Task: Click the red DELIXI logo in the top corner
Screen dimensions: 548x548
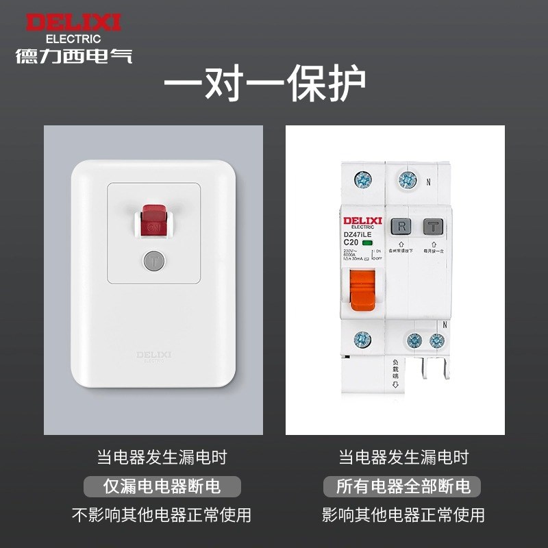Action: pyautogui.click(x=73, y=22)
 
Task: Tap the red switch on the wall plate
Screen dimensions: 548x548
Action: pyautogui.click(x=153, y=222)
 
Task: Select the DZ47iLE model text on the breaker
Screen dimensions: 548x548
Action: pyautogui.click(x=361, y=234)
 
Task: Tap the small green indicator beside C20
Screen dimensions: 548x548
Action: pyautogui.click(x=368, y=243)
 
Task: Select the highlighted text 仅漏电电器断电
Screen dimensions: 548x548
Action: pyautogui.click(x=162, y=486)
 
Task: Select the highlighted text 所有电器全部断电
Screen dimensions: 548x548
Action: pyautogui.click(x=403, y=486)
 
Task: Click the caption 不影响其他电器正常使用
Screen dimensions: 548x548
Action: pyautogui.click(x=162, y=514)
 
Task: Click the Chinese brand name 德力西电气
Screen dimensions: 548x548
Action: pyautogui.click(x=74, y=55)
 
